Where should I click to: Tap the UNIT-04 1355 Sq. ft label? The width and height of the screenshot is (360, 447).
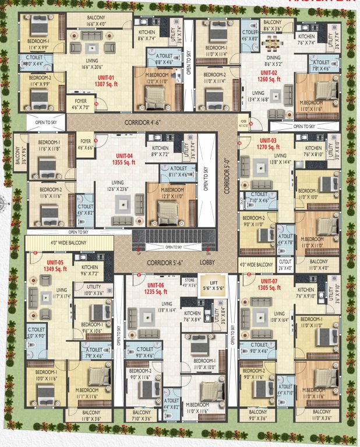[x=123, y=159]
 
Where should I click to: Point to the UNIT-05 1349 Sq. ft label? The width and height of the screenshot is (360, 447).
[x=57, y=265]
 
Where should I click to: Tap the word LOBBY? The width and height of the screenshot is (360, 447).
[x=207, y=262]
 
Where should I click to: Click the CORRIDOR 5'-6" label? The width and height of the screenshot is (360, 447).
[x=166, y=262]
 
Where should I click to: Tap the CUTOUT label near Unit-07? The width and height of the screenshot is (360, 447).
[x=284, y=265]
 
